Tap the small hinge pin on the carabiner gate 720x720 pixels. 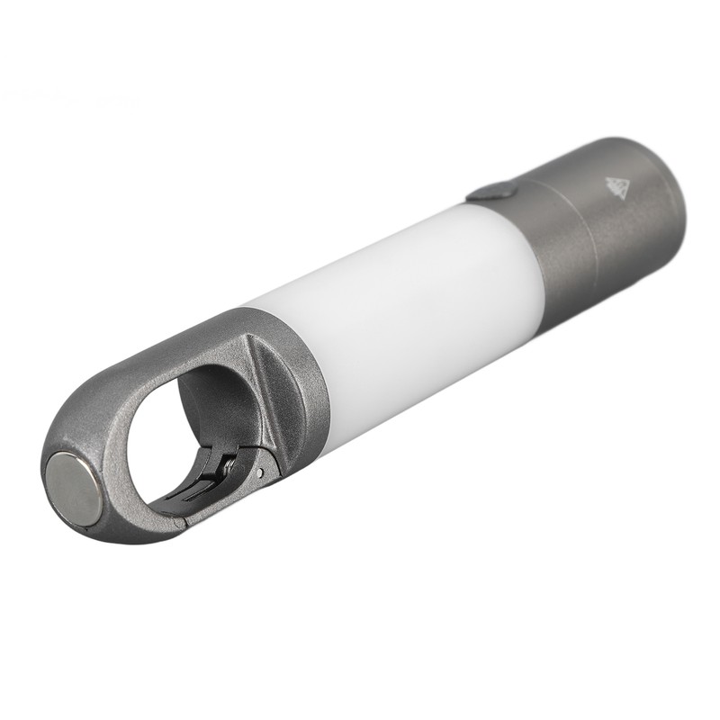(x=260, y=471)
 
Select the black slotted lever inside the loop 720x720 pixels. (x=202, y=486)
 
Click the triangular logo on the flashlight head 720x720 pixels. (x=616, y=186)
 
